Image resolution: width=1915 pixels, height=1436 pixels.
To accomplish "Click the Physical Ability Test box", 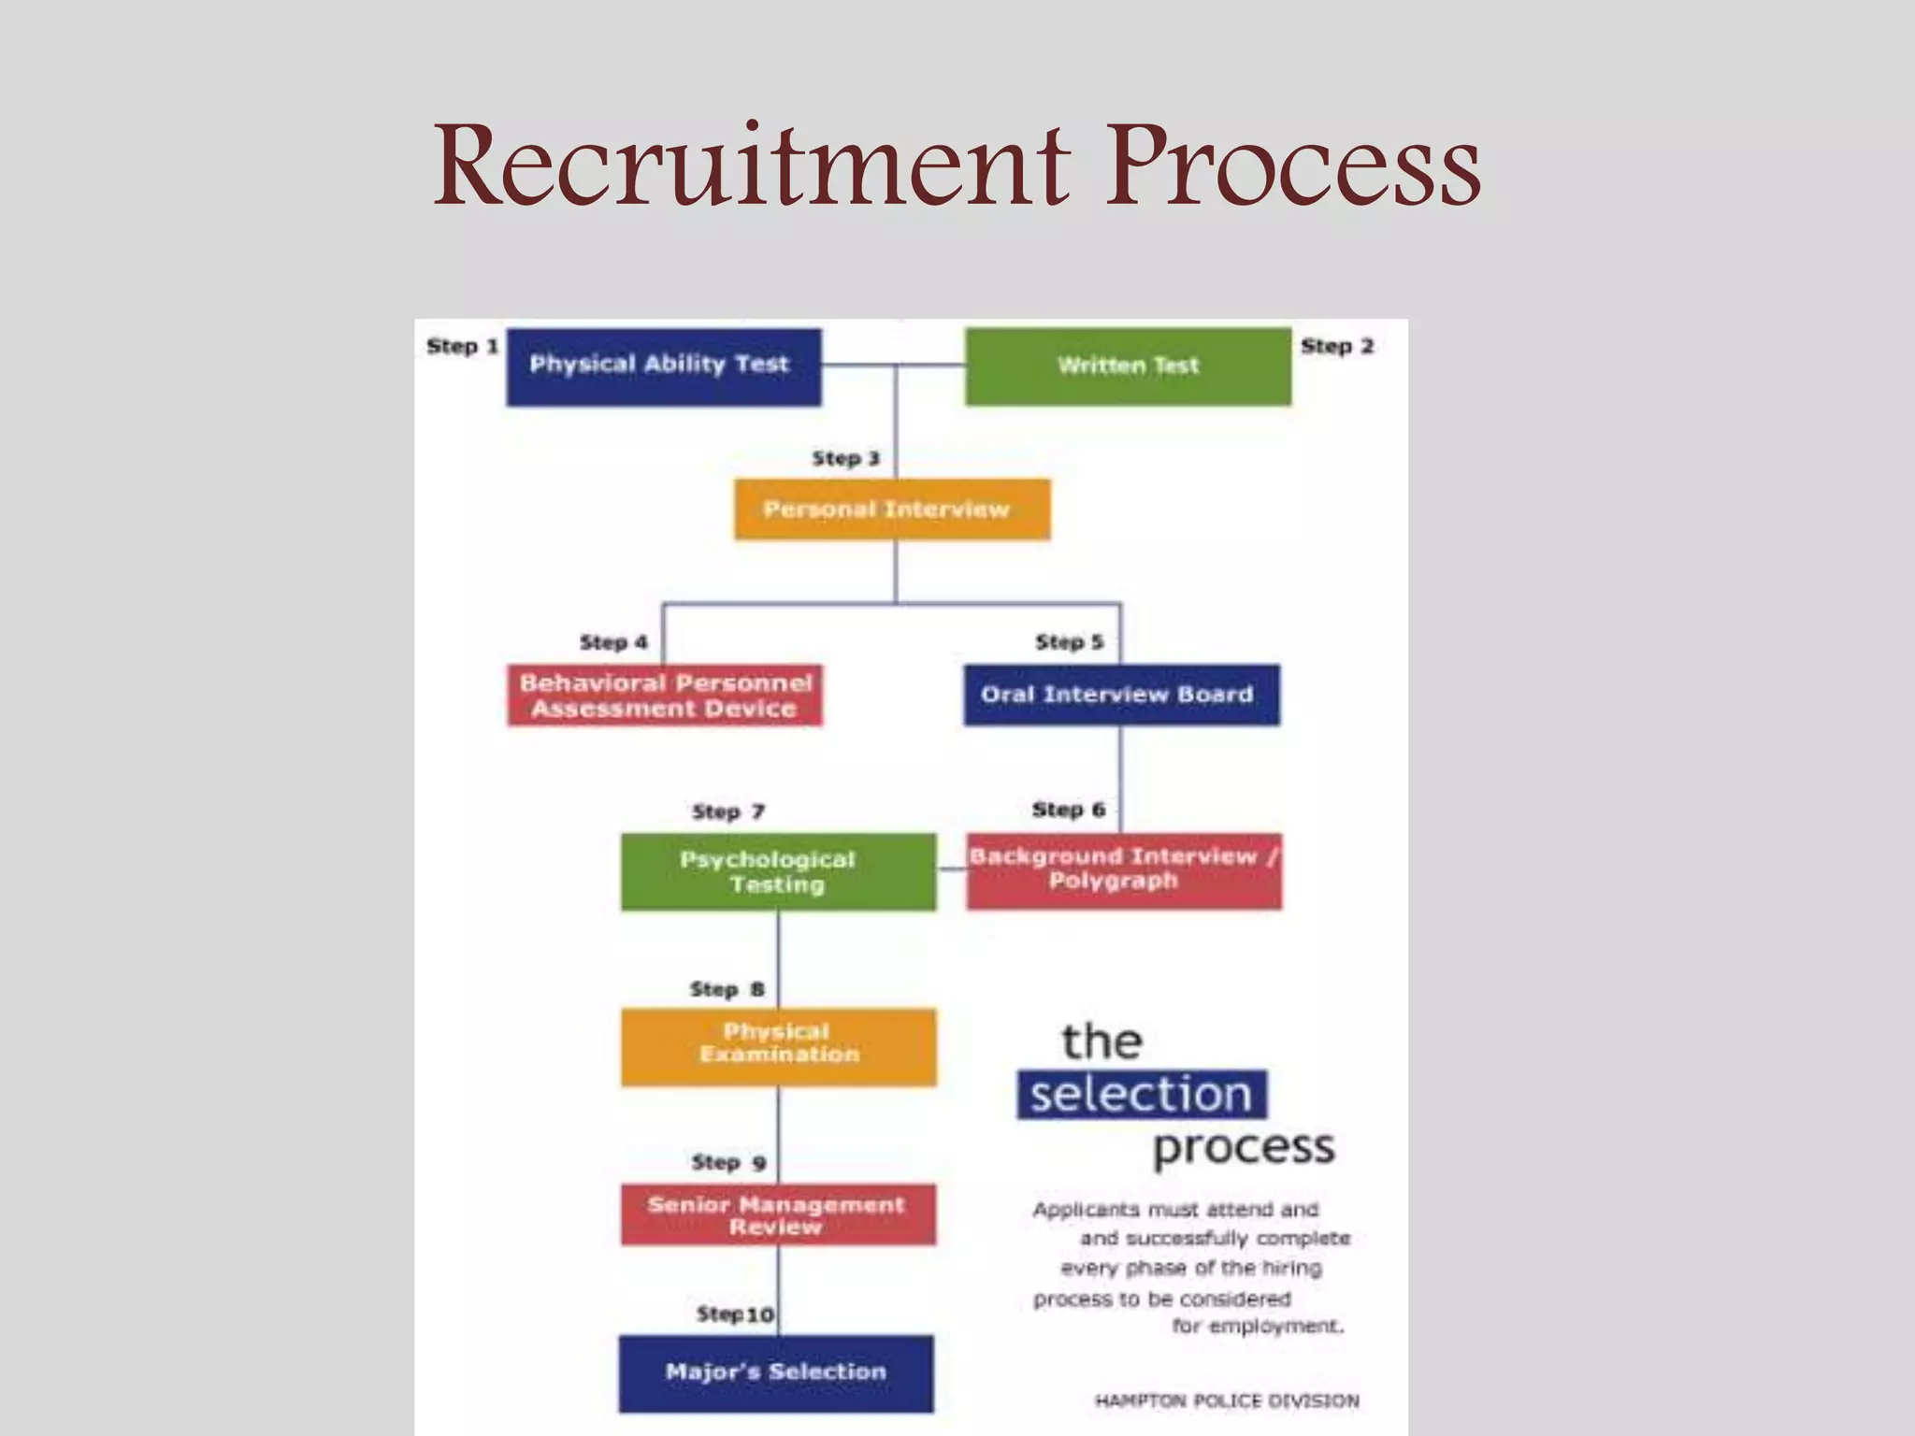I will [x=664, y=366].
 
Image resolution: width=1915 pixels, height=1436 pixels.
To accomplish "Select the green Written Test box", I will [x=1128, y=366].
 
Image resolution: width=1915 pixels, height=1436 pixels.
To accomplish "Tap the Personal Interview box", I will [x=891, y=510].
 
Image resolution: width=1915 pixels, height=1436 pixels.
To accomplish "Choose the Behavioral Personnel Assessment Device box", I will [x=665, y=696].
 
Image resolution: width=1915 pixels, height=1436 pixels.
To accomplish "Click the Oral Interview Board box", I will [x=1121, y=695].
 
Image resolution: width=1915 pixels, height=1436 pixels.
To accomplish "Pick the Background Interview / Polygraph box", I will [x=1124, y=870].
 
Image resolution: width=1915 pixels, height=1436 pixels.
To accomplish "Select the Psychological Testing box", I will [x=778, y=871].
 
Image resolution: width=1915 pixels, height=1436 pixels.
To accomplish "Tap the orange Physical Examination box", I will [x=778, y=1046].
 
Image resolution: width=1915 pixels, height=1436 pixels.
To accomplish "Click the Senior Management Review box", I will [x=778, y=1214].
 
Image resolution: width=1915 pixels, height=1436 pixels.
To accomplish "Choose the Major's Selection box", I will [x=776, y=1372].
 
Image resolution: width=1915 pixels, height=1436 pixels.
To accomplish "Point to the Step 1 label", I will [x=462, y=346].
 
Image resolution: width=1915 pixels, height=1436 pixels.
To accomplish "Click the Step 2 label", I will [x=1337, y=346].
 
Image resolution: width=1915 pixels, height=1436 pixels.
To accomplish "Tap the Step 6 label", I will [x=1068, y=810].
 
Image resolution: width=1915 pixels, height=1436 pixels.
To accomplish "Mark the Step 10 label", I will [x=735, y=1314].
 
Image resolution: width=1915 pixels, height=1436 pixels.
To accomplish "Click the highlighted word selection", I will [x=1142, y=1094].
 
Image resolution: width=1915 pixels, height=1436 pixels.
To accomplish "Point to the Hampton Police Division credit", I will [x=1227, y=1400].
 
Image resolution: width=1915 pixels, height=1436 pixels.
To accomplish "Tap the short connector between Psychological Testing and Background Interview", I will [x=951, y=869].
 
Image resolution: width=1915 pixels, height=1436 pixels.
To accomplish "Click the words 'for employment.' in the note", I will [x=1258, y=1327].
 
